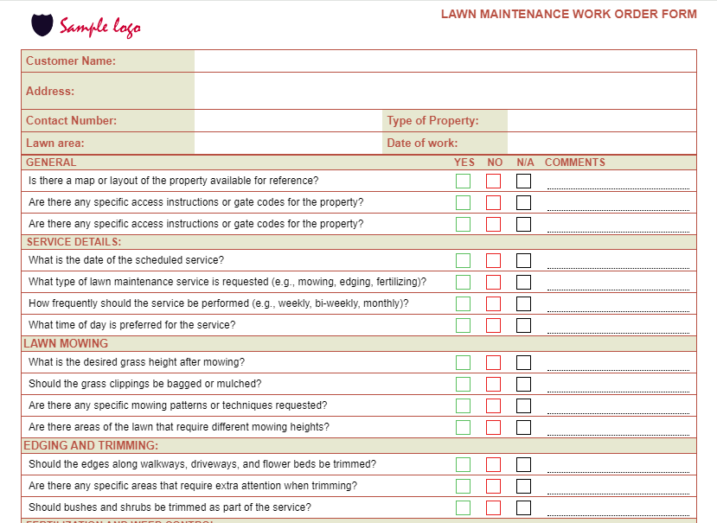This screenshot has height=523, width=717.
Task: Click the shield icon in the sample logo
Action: tap(42, 25)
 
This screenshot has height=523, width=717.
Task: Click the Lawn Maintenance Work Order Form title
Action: tap(568, 14)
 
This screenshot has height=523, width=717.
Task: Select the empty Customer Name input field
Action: tap(445, 61)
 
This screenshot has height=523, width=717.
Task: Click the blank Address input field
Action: tap(445, 91)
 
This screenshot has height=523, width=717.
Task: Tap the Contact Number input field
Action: tap(287, 121)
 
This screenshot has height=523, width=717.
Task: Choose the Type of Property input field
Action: tap(601, 121)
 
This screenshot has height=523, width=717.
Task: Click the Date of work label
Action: tap(422, 144)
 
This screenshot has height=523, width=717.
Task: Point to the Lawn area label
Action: tap(55, 144)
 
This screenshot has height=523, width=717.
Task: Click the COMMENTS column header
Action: tap(575, 163)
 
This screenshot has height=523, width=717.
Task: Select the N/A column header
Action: tap(526, 163)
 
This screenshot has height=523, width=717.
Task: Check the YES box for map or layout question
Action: tap(464, 182)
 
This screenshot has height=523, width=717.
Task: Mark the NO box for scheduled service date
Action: tap(494, 260)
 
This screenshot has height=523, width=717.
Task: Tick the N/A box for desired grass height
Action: tap(524, 363)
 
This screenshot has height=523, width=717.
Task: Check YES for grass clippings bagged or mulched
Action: tap(464, 384)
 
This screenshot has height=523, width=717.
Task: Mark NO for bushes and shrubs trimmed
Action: tap(494, 507)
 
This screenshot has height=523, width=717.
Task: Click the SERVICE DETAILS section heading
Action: tap(74, 242)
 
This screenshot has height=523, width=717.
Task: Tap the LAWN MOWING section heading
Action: tap(66, 343)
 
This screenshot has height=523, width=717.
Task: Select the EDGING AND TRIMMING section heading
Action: tap(91, 446)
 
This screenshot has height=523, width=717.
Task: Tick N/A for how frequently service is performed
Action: tap(524, 303)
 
